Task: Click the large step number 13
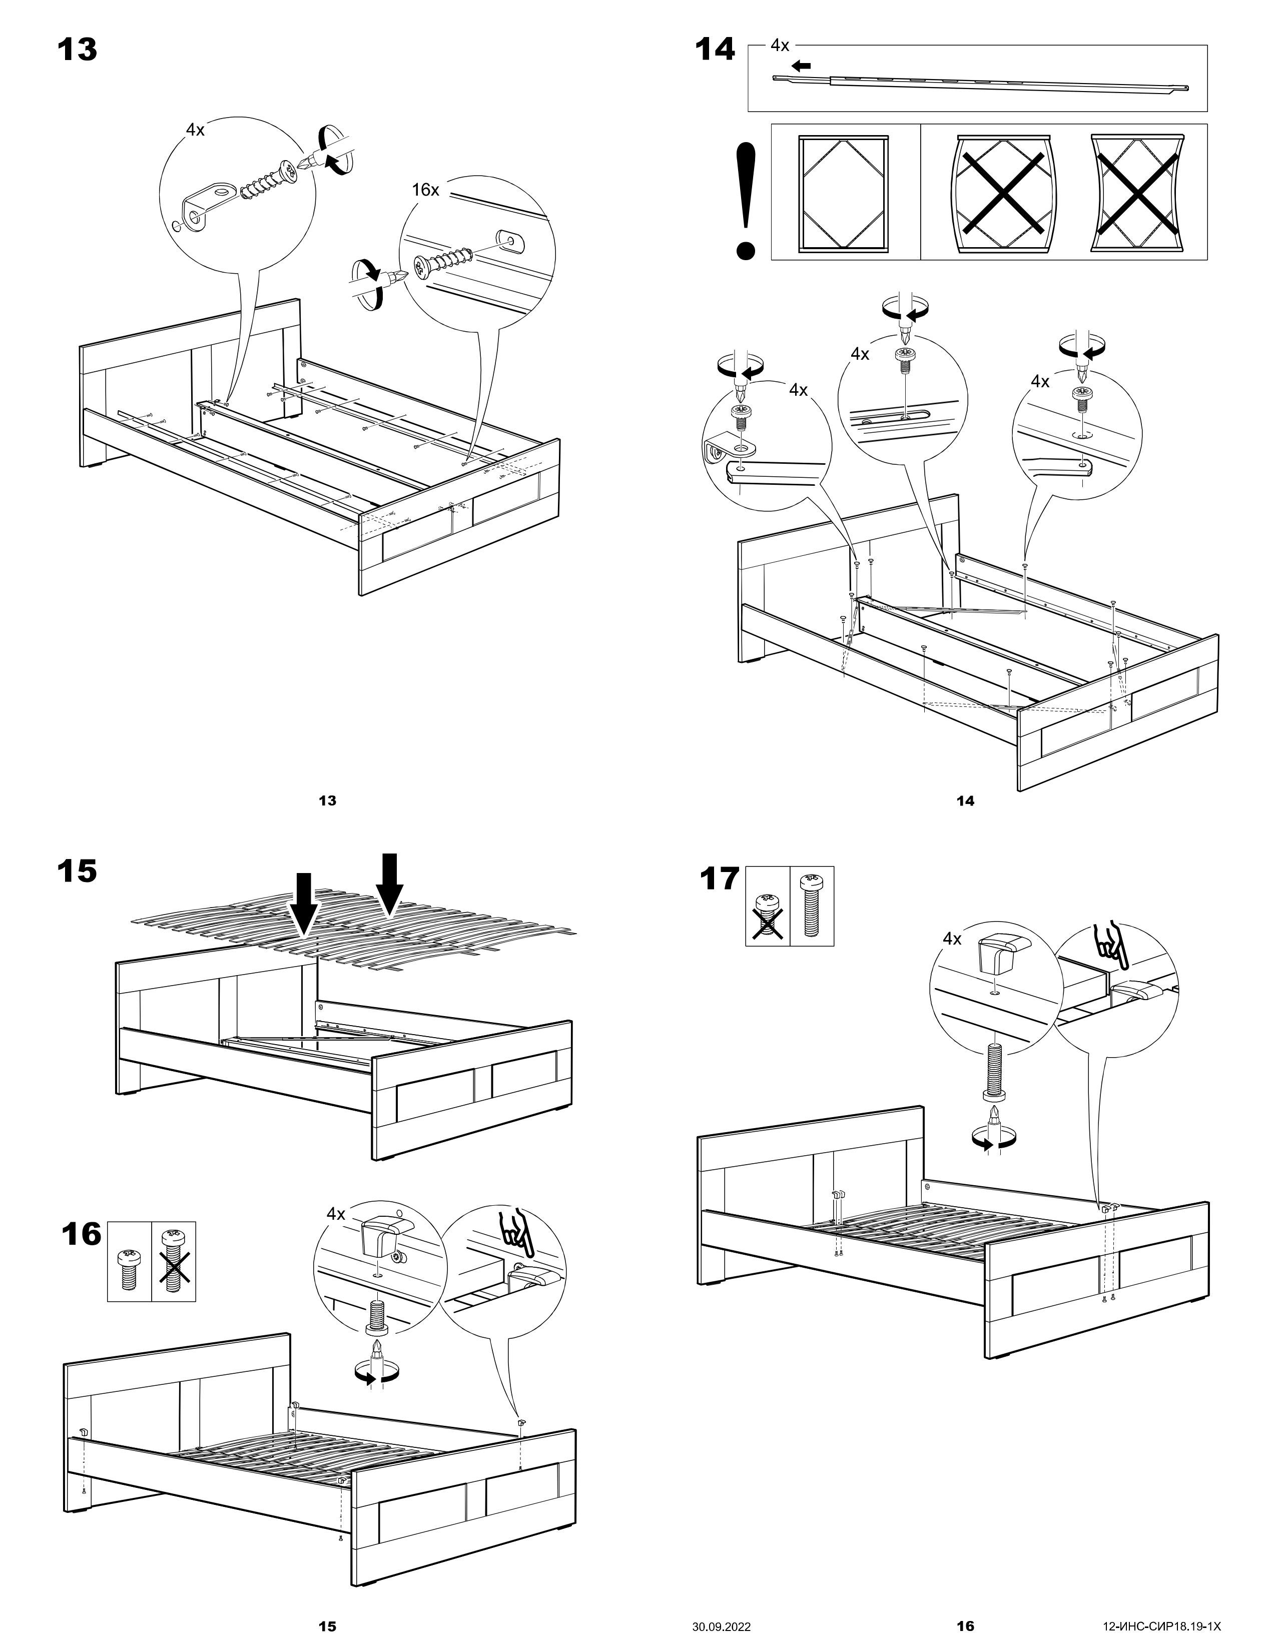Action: (x=77, y=50)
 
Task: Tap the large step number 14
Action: (x=715, y=50)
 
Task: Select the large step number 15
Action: (x=77, y=871)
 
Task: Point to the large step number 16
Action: (x=81, y=1234)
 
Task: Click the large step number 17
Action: (x=719, y=879)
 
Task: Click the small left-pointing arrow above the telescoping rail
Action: (x=801, y=66)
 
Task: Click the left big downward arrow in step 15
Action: (x=305, y=904)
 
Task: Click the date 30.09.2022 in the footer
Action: (x=721, y=1626)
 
